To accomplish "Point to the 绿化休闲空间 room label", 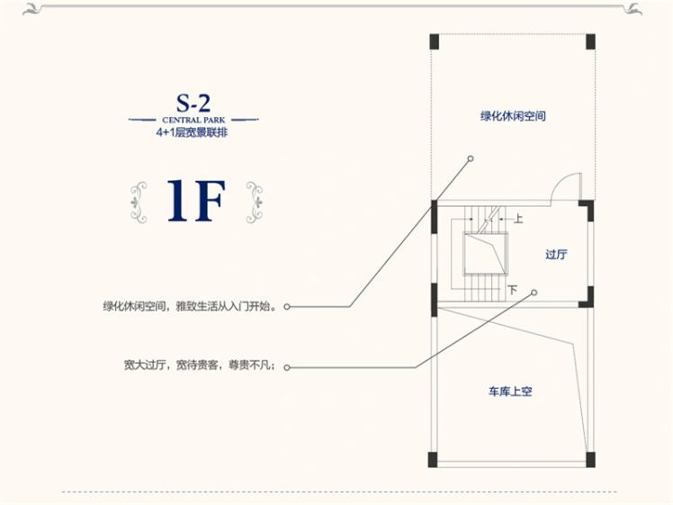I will tap(513, 116).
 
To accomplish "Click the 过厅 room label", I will tap(556, 254).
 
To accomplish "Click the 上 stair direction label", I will tap(518, 217).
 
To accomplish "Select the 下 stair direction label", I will tap(513, 290).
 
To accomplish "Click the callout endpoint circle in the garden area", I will tap(470, 158).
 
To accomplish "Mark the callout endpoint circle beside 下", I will tap(534, 292).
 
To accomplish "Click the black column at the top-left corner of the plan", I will tap(434, 42).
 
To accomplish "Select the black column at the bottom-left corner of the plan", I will tap(434, 457).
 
